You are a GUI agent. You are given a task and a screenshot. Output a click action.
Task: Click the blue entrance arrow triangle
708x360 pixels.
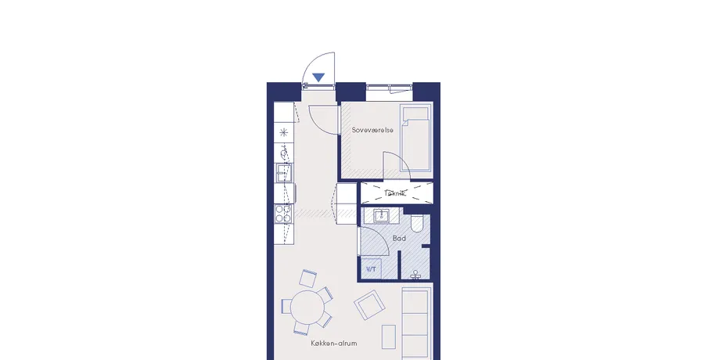click(318, 77)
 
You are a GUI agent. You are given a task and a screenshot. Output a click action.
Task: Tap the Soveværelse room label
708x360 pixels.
click(372, 130)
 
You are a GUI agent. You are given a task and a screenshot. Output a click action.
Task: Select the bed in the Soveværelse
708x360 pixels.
click(415, 139)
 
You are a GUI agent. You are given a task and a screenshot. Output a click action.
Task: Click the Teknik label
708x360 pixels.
click(395, 193)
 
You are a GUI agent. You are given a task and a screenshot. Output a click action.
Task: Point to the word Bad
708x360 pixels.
click(399, 238)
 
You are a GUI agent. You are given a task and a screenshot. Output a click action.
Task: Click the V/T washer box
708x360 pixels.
click(371, 268)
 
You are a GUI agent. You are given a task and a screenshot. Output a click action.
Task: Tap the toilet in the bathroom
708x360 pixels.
click(416, 223)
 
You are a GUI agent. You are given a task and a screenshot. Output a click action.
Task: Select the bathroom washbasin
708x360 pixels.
click(382, 215)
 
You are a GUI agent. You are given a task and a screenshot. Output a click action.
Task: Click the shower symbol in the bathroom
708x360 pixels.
click(415, 275)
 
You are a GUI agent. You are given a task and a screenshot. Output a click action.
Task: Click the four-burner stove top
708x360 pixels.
click(283, 214)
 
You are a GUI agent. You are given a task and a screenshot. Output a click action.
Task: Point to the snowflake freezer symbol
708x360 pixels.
click(283, 132)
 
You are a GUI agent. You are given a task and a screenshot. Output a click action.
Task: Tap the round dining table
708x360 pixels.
click(307, 307)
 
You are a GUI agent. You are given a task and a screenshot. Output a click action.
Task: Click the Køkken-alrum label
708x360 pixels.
click(334, 344)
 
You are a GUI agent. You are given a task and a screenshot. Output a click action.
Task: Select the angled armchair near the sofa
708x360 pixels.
click(370, 305)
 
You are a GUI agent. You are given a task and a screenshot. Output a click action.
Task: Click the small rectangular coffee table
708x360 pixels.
click(389, 337)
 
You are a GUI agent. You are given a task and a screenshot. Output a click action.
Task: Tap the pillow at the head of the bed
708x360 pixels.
click(415, 113)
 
